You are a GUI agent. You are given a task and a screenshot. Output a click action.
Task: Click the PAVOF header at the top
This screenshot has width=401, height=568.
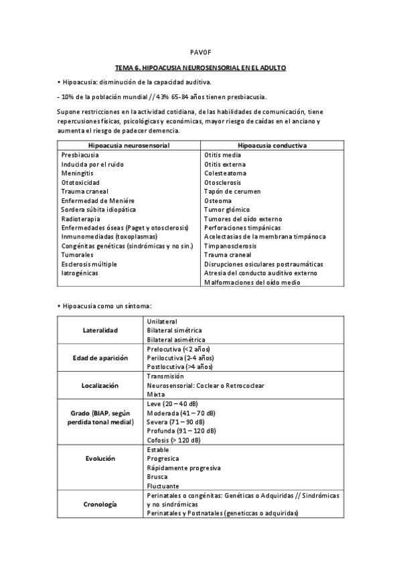(x=201, y=52)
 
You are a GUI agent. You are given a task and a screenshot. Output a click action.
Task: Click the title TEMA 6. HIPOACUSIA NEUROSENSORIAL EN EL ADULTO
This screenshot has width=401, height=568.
(x=201, y=68)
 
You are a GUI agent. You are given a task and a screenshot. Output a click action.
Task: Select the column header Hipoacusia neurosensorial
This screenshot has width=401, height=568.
(x=129, y=145)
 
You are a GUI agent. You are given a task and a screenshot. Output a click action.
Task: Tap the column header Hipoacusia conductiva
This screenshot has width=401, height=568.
(x=272, y=145)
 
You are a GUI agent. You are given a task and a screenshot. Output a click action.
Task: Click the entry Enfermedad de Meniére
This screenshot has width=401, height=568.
(x=98, y=200)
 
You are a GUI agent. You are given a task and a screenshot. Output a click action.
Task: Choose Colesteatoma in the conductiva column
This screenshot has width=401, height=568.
(x=227, y=173)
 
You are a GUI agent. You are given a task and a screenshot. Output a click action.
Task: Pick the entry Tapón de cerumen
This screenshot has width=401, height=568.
(x=232, y=191)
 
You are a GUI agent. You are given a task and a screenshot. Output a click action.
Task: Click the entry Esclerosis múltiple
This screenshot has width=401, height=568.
(x=89, y=264)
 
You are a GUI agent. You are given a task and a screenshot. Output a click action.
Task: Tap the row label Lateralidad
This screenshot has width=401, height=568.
(x=100, y=330)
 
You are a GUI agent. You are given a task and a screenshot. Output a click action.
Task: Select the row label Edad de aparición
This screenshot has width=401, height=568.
(x=100, y=358)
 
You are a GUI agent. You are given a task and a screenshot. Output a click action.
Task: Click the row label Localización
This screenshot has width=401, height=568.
(x=100, y=385)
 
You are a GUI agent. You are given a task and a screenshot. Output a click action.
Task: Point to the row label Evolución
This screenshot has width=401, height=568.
(x=100, y=458)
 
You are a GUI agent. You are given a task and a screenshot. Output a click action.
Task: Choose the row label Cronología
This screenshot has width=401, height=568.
(x=100, y=504)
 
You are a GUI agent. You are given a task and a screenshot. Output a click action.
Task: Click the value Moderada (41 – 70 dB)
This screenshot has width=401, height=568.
(x=181, y=413)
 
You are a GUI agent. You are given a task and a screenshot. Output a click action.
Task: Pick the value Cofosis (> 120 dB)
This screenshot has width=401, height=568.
(x=173, y=440)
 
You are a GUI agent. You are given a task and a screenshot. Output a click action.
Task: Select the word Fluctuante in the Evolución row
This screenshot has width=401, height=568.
(x=163, y=486)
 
